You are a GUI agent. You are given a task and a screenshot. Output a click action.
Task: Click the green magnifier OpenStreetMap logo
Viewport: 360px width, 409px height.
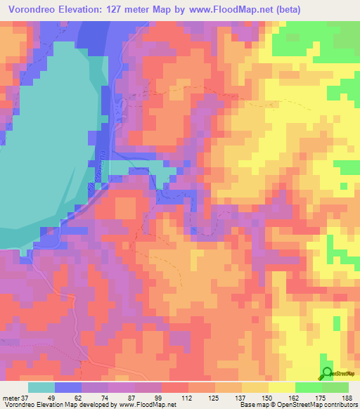[328, 372]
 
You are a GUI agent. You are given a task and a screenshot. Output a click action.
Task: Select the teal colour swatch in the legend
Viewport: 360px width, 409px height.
[41, 387]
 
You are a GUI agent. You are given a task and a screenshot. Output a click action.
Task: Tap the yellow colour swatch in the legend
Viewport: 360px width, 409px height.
[281, 387]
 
